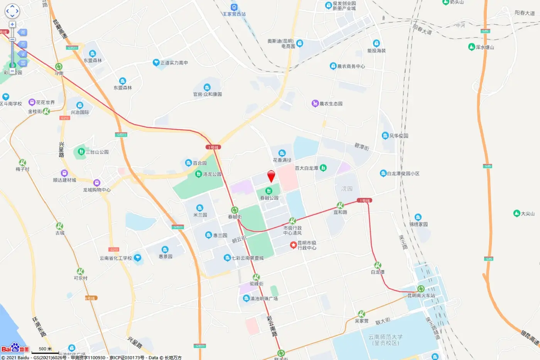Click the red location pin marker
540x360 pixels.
pos(271,176)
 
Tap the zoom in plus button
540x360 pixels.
pos(12,24)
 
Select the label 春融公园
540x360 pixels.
pos(269,198)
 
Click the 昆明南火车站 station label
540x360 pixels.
pos(421,296)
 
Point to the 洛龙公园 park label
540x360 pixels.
pos(212,174)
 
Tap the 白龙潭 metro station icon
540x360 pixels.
pos(378,265)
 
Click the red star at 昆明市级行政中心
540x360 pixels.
pos(293,245)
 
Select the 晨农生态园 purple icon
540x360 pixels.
pos(315,103)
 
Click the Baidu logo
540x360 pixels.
pos(15,348)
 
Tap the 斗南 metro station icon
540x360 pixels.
pos(59,66)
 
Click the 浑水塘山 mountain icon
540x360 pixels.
pos(471,47)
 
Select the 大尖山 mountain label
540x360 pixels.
pos(528,213)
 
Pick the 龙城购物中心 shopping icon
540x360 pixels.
pos(97,183)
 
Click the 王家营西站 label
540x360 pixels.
pos(234,14)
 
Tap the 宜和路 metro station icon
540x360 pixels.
pos(340,205)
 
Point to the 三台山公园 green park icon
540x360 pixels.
pos(81,152)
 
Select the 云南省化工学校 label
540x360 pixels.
pos(116,258)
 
